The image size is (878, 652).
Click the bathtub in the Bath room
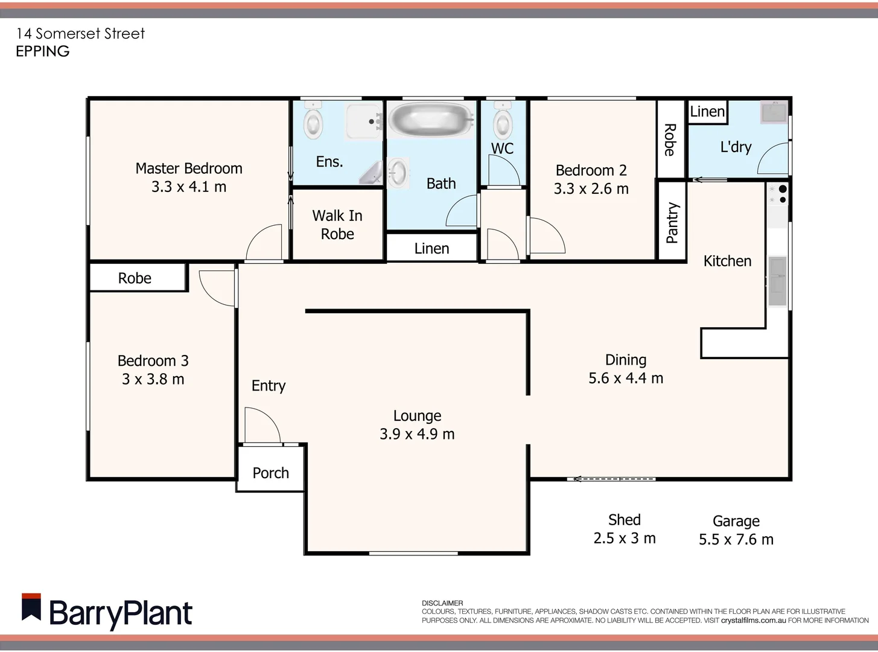coord(431,120)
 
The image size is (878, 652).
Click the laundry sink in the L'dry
coord(773,112)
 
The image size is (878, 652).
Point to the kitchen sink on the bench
coord(777,281)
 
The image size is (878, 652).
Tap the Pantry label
coord(672,223)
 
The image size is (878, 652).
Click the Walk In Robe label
coord(337,225)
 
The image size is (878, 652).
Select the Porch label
coord(270,473)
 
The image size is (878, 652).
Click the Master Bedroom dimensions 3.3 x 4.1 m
coord(189,187)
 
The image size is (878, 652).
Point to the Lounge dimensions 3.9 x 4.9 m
coord(417,434)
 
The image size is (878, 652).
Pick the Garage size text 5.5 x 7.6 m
coord(736,540)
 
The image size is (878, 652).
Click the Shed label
coord(624,520)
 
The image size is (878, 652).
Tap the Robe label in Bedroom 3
coord(135,278)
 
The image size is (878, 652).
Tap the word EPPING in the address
coord(43,51)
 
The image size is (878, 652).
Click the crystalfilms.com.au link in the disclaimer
coord(753,620)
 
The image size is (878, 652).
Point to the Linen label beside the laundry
coord(707,112)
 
